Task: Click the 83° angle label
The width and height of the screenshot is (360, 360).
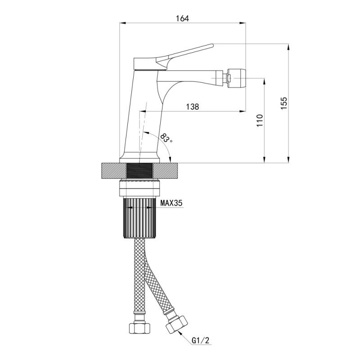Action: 166,138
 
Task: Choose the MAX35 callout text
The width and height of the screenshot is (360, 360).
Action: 171,203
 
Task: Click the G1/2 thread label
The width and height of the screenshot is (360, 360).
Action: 201,340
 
